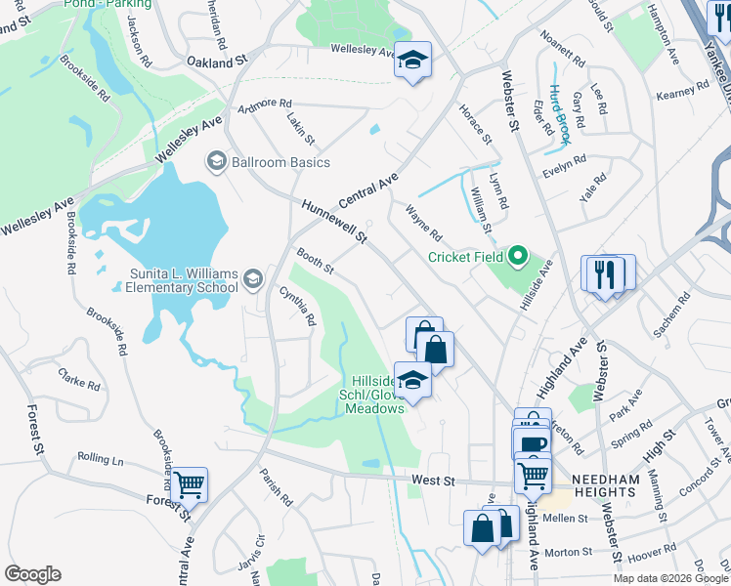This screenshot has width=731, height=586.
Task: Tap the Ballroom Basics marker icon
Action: pos(216,162)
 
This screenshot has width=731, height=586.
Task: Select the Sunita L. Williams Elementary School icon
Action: pos(253,280)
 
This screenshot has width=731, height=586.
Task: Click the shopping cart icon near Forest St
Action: pos(189,483)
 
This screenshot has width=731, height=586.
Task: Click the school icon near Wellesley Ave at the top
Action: pos(412,62)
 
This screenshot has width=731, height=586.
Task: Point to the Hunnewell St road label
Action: pos(333,222)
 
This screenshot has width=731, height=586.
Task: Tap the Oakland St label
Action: pos(218,62)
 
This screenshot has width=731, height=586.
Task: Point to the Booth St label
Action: pos(316,261)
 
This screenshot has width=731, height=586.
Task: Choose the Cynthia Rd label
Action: pos(298,306)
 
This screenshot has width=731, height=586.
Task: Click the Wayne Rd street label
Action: pos(424,223)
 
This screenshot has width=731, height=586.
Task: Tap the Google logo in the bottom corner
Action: pos(32,574)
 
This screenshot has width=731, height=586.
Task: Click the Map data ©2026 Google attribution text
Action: pos(669,578)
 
